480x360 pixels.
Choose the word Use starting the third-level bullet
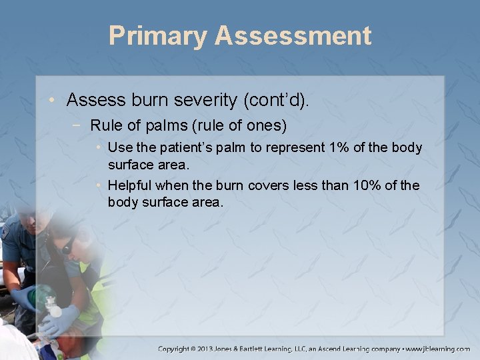119,147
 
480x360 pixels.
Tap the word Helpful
131,185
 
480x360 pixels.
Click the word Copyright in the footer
179,349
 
